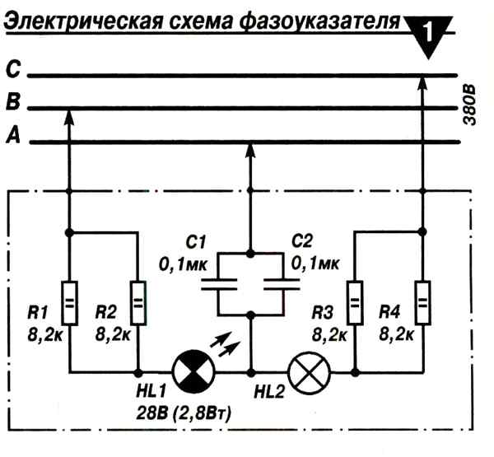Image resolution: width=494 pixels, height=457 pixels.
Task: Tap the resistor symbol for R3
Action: (355, 302)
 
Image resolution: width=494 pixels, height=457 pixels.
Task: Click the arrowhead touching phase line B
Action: (69, 118)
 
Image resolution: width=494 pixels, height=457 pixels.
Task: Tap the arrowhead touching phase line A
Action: (251, 151)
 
